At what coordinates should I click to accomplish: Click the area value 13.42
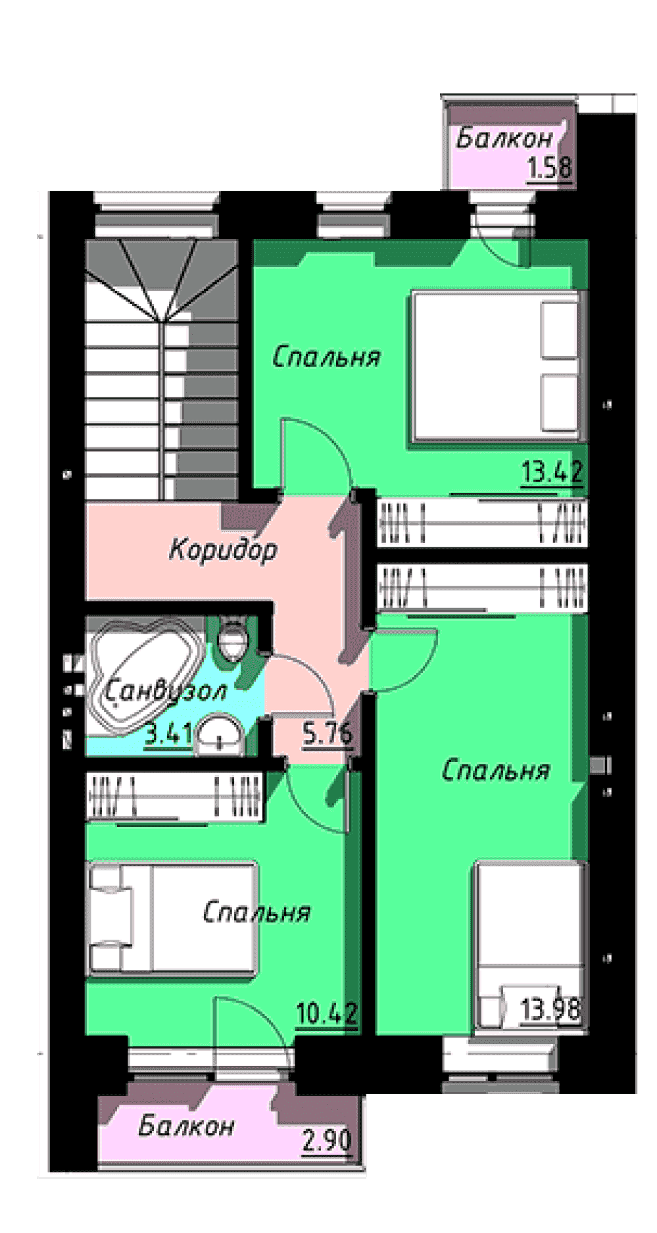pyautogui.click(x=552, y=472)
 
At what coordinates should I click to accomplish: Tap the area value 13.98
pyautogui.click(x=550, y=1009)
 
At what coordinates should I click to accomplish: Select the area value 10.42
pyautogui.click(x=327, y=1013)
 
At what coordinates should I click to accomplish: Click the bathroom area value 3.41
pyautogui.click(x=168, y=733)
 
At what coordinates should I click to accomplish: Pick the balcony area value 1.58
pyautogui.click(x=550, y=168)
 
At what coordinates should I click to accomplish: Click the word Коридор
pyautogui.click(x=223, y=549)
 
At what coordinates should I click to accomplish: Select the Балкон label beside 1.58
pyautogui.click(x=504, y=139)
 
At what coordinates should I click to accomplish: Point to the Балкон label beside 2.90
pyautogui.click(x=186, y=1126)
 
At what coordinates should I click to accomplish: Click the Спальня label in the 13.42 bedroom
pyautogui.click(x=326, y=357)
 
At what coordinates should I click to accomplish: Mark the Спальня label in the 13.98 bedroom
pyautogui.click(x=495, y=770)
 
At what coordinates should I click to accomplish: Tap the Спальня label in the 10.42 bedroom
pyautogui.click(x=256, y=913)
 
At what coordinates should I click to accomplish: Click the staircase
pyautogui.click(x=161, y=368)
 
